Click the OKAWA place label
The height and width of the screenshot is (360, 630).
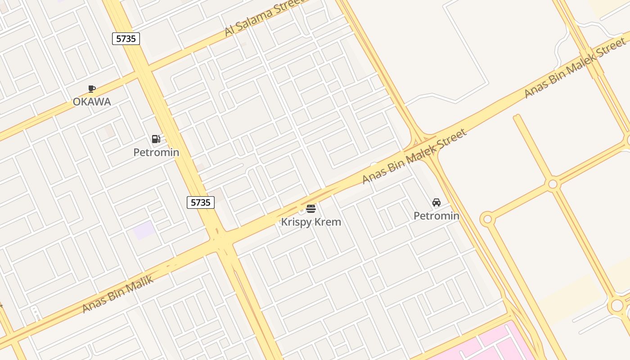click(92, 102)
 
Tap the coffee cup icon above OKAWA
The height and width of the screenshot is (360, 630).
click(92, 89)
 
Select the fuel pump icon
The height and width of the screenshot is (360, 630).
click(156, 139)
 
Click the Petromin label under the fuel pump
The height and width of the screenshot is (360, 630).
click(156, 153)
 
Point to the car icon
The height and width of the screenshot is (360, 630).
click(436, 202)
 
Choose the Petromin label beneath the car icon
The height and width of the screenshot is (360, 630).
click(436, 216)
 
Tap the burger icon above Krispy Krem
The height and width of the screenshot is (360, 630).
click(311, 209)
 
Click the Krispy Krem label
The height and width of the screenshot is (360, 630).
click(311, 222)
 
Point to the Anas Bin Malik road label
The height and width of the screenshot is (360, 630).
click(118, 294)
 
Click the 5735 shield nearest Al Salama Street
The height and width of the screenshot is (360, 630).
click(126, 39)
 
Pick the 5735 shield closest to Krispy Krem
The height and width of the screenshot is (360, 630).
click(201, 202)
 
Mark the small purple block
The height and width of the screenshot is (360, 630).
click(144, 230)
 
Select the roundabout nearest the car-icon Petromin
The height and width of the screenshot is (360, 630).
click(487, 220)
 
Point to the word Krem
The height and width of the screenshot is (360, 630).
click(328, 222)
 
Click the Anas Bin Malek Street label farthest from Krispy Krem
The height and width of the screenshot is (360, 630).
click(575, 67)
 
